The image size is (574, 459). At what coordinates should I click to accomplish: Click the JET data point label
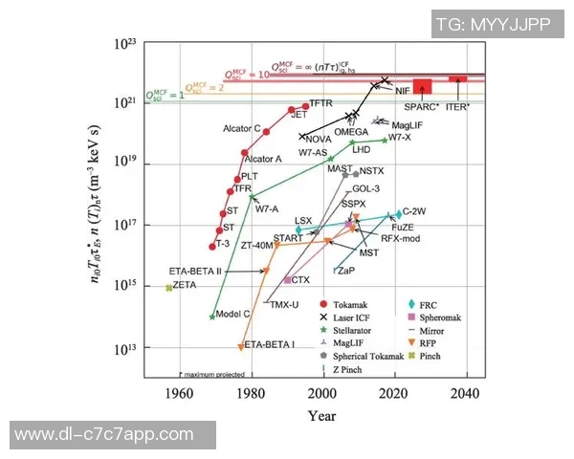click(x=298, y=115)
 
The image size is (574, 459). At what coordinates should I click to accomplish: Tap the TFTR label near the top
click(x=320, y=102)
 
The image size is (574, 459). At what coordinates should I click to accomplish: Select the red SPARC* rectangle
click(x=422, y=86)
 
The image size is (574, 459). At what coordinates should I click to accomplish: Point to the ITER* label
click(x=458, y=106)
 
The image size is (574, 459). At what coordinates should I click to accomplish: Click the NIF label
click(x=404, y=90)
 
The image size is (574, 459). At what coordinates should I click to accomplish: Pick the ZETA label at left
click(x=185, y=285)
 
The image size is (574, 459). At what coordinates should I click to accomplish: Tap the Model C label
click(x=232, y=314)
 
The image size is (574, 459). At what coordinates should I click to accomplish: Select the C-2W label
click(x=414, y=210)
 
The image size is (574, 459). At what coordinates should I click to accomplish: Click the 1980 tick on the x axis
click(x=252, y=392)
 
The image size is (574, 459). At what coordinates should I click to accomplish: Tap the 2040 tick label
click(x=466, y=392)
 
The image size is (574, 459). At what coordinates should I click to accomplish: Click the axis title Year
click(x=321, y=415)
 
